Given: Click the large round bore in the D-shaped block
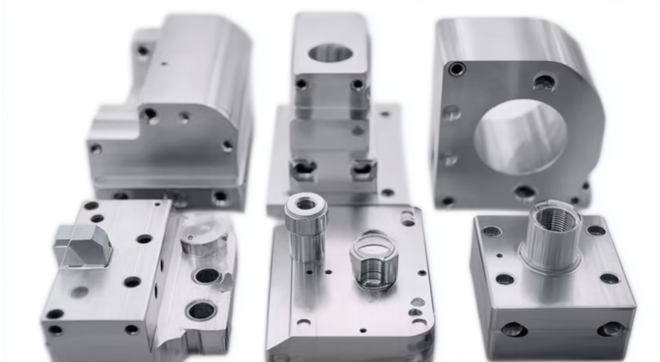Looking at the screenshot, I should click(x=520, y=136).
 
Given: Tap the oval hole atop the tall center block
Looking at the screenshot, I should click(x=331, y=53).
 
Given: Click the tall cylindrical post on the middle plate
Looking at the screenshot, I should click(x=306, y=226).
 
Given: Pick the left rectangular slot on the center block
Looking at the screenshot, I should click(x=304, y=168).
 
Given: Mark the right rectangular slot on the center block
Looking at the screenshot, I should click(x=363, y=168).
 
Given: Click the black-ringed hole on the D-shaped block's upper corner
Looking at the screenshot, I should click(x=457, y=69).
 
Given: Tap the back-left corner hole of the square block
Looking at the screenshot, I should click(x=492, y=231).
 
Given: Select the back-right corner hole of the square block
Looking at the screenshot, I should click(x=595, y=230).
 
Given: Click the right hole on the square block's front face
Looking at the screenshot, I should click(x=610, y=329).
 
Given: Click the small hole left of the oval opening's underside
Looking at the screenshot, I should click(x=302, y=84).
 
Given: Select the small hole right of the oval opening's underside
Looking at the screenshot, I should click(x=358, y=84).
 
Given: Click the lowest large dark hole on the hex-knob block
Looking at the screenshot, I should click(x=201, y=310).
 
